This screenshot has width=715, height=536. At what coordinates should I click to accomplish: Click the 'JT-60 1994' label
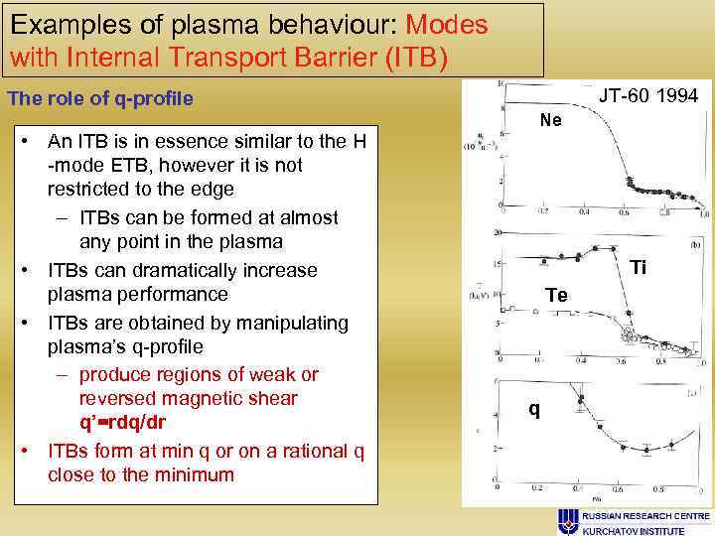[648, 95]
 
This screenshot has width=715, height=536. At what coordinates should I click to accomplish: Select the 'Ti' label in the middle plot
[639, 268]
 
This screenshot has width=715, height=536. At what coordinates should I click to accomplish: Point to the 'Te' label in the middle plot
[556, 295]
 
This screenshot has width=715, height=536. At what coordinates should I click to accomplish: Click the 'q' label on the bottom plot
[534, 409]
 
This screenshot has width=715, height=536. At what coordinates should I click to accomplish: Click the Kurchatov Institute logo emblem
[569, 522]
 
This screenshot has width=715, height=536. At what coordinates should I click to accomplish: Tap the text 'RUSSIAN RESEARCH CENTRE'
[645, 516]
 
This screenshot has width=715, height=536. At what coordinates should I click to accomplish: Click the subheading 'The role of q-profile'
[100, 99]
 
